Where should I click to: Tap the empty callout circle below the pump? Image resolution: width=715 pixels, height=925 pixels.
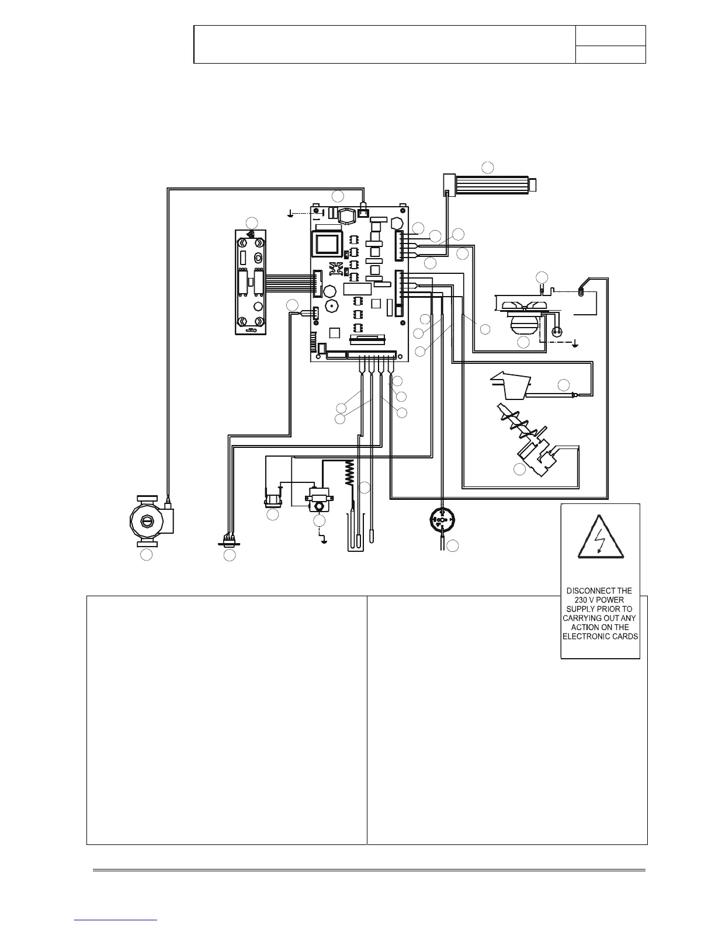pyautogui.click(x=147, y=555)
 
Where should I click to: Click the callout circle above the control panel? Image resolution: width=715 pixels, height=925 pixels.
pyautogui.click(x=252, y=222)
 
